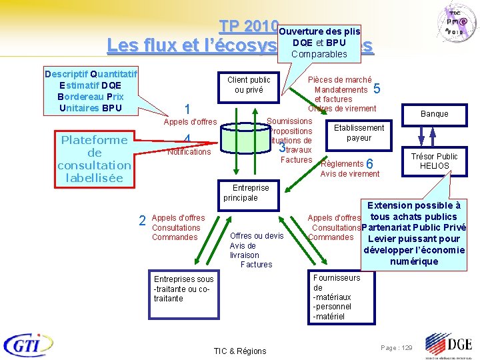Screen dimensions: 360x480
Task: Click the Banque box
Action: point(434,113)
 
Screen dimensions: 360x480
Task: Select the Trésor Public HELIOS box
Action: point(434,161)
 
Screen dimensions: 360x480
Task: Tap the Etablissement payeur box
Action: point(359,133)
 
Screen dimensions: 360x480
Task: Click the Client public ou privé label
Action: point(249,85)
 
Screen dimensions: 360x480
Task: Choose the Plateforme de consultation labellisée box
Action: point(94,159)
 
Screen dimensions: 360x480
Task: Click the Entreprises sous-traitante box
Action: point(183,289)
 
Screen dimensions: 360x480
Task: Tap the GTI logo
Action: point(31,344)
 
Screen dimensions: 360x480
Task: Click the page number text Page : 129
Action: point(396,348)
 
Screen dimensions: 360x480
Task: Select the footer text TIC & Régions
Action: point(239,351)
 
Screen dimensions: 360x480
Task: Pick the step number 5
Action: point(377,89)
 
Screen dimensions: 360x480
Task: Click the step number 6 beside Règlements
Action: point(371,164)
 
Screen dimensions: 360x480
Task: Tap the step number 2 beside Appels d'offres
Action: point(142,221)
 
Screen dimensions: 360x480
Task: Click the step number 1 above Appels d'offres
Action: point(188,109)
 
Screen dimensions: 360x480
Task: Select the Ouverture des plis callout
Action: point(319,42)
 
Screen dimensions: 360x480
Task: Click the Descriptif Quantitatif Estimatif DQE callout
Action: point(89,91)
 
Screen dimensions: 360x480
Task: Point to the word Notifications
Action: point(189,152)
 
